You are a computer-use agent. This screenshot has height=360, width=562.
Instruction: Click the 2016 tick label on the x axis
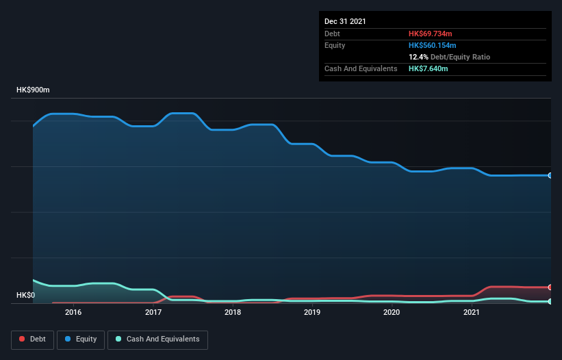[73, 313]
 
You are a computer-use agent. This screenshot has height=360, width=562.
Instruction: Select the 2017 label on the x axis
[153, 313]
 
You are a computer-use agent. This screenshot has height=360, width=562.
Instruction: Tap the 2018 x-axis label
[233, 313]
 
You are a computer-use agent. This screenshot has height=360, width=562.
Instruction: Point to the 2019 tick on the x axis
[312, 313]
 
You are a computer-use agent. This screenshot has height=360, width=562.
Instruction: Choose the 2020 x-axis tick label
[392, 313]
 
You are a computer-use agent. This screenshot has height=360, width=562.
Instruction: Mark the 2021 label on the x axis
[471, 313]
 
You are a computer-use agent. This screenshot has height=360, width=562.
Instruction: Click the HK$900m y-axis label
[34, 90]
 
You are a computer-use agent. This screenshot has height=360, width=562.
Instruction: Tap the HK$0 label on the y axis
[27, 295]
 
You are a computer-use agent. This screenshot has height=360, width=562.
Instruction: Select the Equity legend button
[81, 339]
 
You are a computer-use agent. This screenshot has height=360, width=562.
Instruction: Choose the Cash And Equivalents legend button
[157, 339]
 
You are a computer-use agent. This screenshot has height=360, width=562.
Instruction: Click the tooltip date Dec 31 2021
[345, 21]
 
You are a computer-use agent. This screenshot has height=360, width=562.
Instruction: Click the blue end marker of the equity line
[550, 175]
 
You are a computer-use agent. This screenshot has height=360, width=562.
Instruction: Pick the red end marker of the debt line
[550, 287]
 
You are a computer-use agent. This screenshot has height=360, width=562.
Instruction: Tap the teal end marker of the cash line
[550, 301]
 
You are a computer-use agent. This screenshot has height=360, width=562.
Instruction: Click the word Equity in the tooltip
[335, 45]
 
